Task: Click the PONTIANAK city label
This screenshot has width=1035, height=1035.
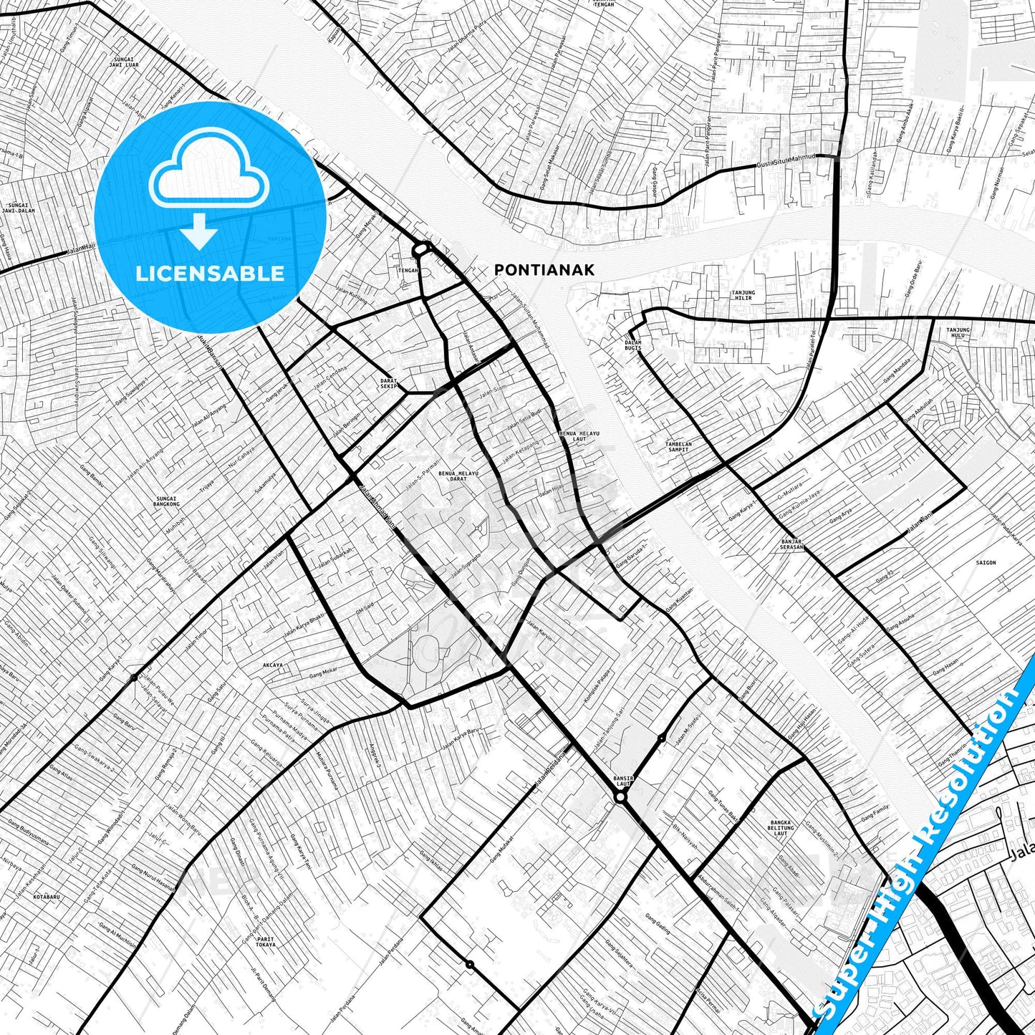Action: pos(544,270)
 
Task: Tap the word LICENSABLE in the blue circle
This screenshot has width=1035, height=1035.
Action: pos(210,273)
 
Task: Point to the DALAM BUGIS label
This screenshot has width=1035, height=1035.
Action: pos(632,345)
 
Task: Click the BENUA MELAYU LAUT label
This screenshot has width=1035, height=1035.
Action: pos(579,436)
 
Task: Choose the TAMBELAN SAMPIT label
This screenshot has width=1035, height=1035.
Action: pos(679,447)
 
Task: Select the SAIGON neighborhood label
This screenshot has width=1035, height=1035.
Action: pos(986,563)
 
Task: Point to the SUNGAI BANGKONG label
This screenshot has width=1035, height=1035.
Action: pos(165,501)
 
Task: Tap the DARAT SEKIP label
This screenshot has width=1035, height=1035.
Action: pos(389,383)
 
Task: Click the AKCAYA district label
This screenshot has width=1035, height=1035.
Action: pos(273,665)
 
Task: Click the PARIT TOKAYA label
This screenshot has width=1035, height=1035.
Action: pos(266,942)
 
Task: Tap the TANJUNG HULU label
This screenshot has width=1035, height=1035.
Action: pos(958,333)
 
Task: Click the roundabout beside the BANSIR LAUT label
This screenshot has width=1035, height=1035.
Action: pos(620,797)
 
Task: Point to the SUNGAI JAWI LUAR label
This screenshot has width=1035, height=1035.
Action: pos(125,62)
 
